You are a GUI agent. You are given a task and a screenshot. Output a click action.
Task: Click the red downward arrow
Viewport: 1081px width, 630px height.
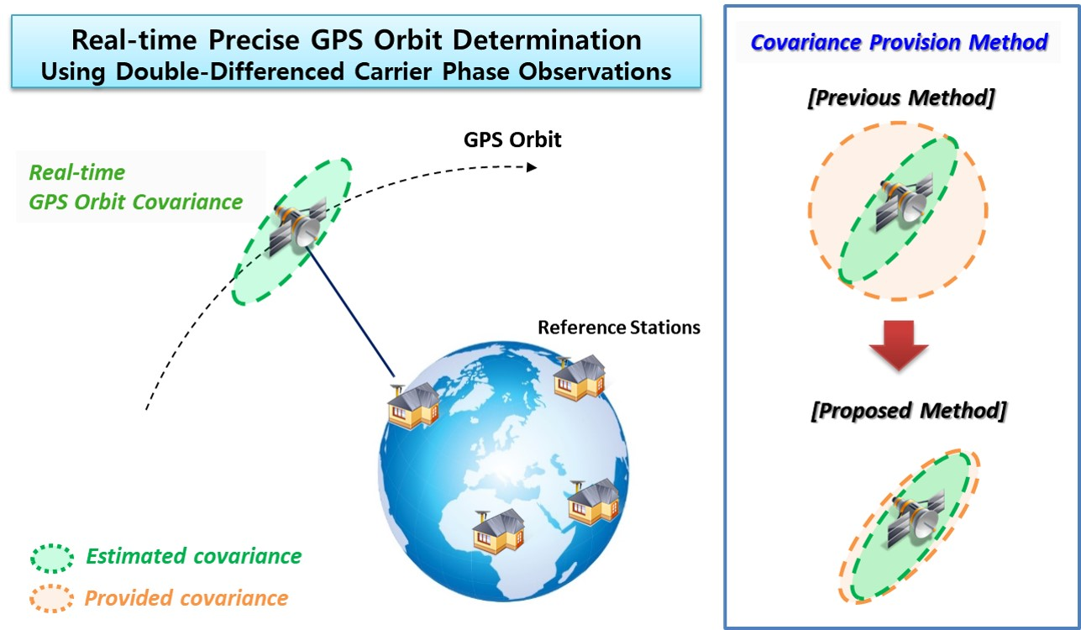point(899,344)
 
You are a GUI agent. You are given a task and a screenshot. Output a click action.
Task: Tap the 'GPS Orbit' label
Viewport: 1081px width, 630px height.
point(512,140)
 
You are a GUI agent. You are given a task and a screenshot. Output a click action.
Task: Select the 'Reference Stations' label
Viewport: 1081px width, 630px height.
point(619,328)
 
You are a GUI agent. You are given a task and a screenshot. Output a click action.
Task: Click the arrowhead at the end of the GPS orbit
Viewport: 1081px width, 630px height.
point(532,167)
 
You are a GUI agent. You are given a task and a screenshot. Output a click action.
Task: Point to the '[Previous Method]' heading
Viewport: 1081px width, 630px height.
point(901,98)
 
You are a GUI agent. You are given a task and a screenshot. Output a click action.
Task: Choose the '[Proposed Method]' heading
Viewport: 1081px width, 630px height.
point(909,411)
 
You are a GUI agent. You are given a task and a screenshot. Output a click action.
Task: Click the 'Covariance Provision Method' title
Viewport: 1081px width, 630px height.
point(899,42)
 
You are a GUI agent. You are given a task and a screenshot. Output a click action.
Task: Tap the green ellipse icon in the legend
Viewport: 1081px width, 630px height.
point(52,559)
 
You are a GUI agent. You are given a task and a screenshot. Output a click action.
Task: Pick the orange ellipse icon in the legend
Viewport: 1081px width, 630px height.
point(51,599)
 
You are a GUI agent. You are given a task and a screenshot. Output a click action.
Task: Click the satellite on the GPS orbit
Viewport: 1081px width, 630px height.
point(298,226)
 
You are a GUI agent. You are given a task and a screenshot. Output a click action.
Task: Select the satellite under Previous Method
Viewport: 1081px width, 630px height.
point(905,202)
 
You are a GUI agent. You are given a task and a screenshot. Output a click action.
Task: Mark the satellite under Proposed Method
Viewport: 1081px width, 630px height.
point(917,519)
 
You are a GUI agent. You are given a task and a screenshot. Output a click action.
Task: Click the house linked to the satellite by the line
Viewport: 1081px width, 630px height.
point(413,407)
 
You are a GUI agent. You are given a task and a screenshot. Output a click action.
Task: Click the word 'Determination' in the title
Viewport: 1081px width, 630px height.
point(548,40)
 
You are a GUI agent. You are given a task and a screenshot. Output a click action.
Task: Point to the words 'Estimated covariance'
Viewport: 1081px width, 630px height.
point(193,557)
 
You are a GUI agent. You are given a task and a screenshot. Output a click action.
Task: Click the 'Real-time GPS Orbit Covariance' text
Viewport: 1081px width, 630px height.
point(135,187)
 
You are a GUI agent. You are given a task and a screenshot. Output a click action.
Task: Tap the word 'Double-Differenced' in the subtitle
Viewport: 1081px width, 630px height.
point(229,71)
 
